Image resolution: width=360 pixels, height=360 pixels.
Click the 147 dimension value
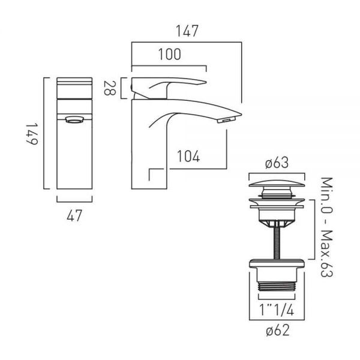point(187,31)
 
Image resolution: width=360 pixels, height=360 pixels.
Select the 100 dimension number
point(170,55)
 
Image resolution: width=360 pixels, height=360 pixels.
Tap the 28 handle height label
point(110,88)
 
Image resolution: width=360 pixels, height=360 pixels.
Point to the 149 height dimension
point(32,134)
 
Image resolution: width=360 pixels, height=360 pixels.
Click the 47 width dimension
point(74,216)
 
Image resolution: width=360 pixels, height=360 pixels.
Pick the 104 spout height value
point(188,157)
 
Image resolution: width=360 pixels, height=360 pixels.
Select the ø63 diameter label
point(277,163)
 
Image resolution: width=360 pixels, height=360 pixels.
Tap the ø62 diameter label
point(278,331)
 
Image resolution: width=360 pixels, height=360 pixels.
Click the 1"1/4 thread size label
point(277,310)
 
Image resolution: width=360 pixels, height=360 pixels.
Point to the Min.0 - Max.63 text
point(326,227)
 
